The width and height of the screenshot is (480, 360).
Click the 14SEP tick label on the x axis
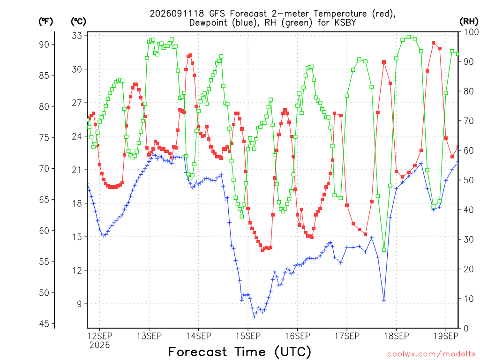point(198,336)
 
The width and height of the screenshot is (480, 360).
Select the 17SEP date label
point(347,336)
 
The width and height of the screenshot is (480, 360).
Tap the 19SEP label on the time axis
point(446,336)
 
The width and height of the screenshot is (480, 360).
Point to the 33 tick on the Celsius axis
point(77,36)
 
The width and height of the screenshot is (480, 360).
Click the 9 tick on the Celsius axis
point(80,304)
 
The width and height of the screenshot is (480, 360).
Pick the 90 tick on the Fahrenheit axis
point(44,45)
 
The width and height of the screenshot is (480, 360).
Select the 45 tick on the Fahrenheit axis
point(44,324)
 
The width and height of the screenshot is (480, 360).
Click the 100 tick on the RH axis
point(471,32)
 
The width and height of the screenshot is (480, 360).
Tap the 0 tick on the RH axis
point(466,329)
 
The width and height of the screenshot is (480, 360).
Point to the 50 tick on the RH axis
point(469,180)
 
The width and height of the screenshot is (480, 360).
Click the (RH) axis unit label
point(469,22)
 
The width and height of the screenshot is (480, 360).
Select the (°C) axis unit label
point(78,22)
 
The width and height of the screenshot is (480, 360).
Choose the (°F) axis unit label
point(45,22)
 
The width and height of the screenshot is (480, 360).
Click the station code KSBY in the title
point(344,22)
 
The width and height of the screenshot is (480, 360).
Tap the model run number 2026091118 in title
point(177,14)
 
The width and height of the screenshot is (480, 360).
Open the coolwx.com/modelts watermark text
point(431,354)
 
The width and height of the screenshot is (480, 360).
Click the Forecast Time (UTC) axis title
point(240,352)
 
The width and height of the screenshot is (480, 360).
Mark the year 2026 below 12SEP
point(99,345)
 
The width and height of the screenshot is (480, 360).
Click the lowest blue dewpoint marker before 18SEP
point(254,317)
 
